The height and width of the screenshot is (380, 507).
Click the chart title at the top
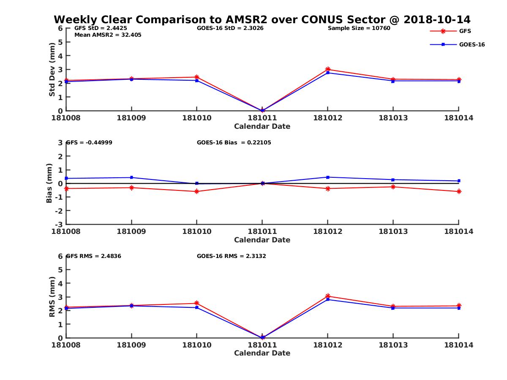(262, 20)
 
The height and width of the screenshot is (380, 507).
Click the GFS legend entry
(465, 31)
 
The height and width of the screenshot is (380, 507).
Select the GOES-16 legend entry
(472, 44)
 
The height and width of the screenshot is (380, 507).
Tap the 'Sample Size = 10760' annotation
(359, 28)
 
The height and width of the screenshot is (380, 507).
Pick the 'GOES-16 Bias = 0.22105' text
(234, 143)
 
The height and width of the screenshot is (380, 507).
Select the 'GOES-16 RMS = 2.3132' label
(231, 256)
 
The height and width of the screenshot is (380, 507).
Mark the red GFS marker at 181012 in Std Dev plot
(327, 69)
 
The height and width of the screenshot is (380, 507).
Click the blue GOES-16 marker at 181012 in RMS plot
(327, 299)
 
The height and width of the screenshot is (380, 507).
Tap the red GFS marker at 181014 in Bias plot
(459, 192)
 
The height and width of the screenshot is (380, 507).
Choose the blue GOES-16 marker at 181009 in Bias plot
(131, 177)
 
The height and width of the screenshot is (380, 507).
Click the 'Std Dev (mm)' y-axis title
(52, 69)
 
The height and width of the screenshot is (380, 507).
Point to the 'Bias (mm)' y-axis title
(49, 183)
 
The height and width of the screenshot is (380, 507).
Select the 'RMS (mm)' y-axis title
(52, 297)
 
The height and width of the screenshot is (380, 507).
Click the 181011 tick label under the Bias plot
(262, 231)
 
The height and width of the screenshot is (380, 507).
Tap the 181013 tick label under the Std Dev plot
(393, 118)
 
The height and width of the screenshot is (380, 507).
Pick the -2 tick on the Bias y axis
(60, 211)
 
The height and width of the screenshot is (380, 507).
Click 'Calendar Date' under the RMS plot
(262, 353)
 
